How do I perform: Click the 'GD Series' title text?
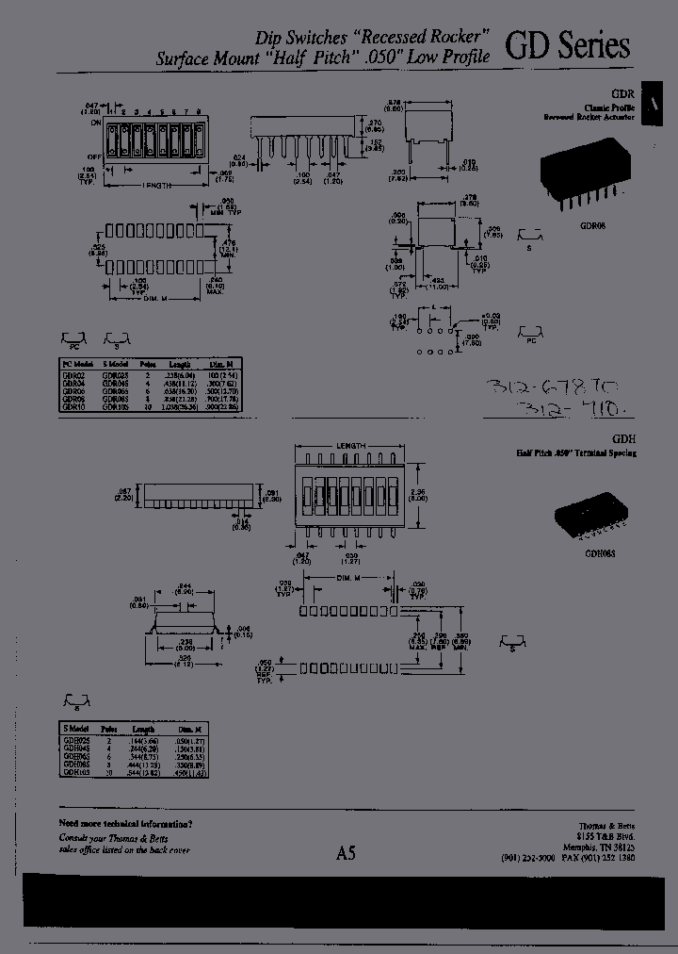coord(568,48)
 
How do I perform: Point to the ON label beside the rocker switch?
coord(95,123)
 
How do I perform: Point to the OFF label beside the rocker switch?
coord(94,157)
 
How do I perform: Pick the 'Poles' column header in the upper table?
coord(148,363)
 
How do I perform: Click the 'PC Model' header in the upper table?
coord(77,363)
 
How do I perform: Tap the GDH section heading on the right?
coord(624,439)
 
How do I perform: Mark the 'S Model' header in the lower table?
coord(75,730)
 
